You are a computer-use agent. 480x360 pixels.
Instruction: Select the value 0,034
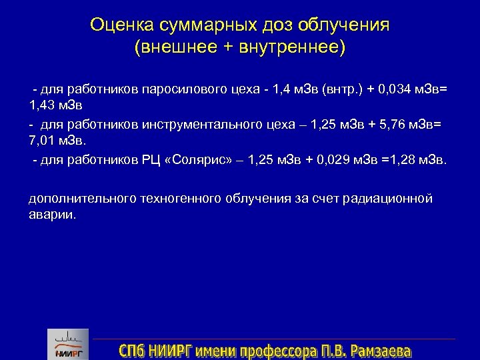pyautogui.click(x=401, y=90)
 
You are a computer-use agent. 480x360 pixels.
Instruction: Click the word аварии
pyautogui.click(x=52, y=215)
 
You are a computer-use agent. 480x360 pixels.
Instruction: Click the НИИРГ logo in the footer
pyautogui.click(x=67, y=345)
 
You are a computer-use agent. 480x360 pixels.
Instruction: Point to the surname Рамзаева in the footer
pyautogui.click(x=380, y=351)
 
